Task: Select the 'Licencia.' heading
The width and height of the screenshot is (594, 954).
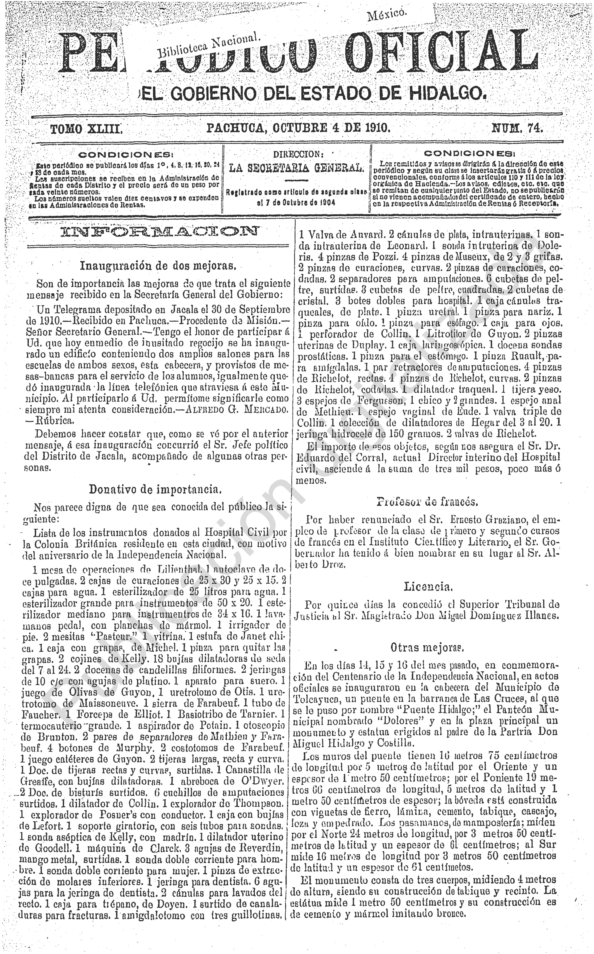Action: pyautogui.click(x=428, y=587)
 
